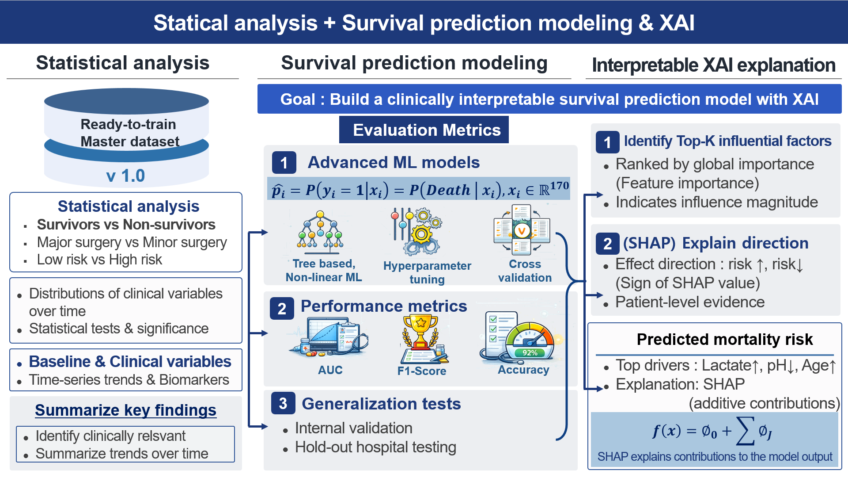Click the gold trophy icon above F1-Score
(420, 332)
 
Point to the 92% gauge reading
(530, 352)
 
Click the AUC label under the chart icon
(330, 370)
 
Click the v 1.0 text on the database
(126, 176)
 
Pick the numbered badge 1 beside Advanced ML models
(284, 162)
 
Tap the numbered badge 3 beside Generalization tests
(283, 403)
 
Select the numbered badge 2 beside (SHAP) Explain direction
(608, 243)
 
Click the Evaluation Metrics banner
(424, 130)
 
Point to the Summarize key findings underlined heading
(126, 410)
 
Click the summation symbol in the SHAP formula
(745, 431)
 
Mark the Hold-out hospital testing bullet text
(375, 447)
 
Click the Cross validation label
(525, 271)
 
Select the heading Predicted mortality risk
(725, 339)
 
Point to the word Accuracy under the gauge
(523, 370)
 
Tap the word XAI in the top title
(677, 23)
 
